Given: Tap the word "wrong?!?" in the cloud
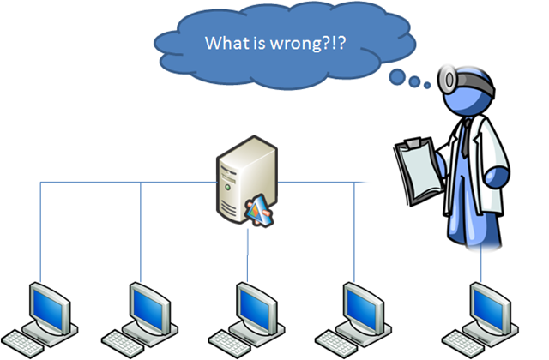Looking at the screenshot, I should [315, 43].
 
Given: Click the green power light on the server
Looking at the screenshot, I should [226, 185].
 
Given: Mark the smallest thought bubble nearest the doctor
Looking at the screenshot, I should [427, 84].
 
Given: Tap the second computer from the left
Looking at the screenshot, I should [145, 312].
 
